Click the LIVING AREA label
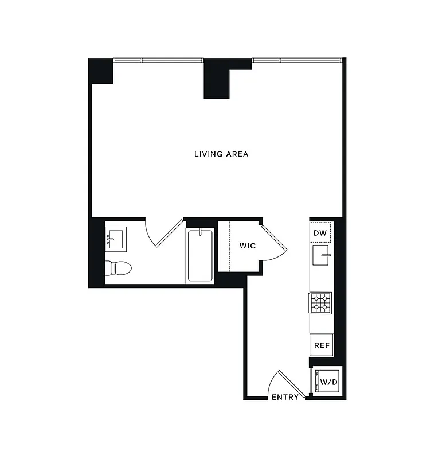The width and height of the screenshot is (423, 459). click(x=221, y=154)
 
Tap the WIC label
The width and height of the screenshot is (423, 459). click(x=247, y=246)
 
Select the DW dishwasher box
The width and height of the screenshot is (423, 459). click(x=320, y=233)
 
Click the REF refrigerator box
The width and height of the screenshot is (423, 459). click(x=321, y=345)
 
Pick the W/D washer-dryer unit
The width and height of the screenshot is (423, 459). click(x=327, y=381)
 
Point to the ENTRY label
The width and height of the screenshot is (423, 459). click(x=285, y=397)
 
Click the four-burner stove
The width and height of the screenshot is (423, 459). click(x=321, y=302)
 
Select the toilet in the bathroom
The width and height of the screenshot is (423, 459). click(x=118, y=267)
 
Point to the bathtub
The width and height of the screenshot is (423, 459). click(x=200, y=255)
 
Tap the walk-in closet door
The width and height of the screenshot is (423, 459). click(x=274, y=241)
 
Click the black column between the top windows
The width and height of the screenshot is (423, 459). click(x=217, y=79)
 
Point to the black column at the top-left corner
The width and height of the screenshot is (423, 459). click(x=100, y=71)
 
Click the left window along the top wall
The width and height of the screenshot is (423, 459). click(x=158, y=60)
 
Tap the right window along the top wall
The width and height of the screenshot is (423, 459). click(x=297, y=60)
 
